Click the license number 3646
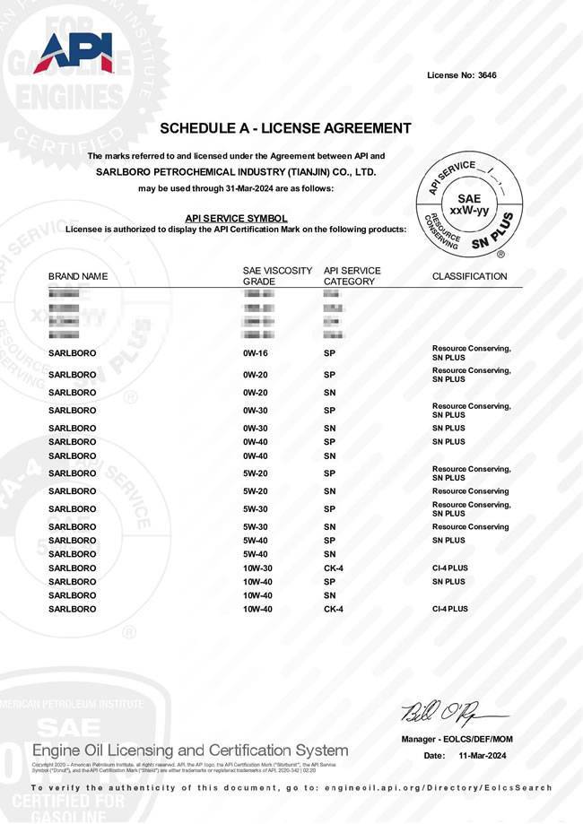pyautogui.click(x=486, y=75)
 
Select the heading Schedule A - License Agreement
pyautogui.click(x=285, y=128)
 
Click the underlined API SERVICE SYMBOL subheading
pyautogui.click(x=236, y=218)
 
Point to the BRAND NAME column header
pyautogui.click(x=78, y=276)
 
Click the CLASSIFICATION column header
pyautogui.click(x=469, y=276)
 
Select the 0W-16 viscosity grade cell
pyautogui.click(x=256, y=353)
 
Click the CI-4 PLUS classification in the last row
pyautogui.click(x=449, y=609)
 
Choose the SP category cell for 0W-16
pyautogui.click(x=329, y=353)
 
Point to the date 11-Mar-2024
pyautogui.click(x=483, y=757)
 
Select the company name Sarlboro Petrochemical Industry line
pyautogui.click(x=236, y=172)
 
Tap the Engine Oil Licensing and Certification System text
pyautogui.click(x=190, y=750)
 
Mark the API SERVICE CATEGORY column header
pyautogui.click(x=352, y=276)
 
